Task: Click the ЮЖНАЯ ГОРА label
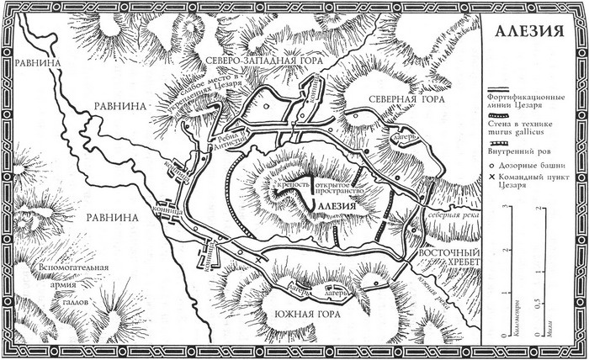coord(304,318)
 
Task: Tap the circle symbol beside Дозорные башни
coord(491,167)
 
